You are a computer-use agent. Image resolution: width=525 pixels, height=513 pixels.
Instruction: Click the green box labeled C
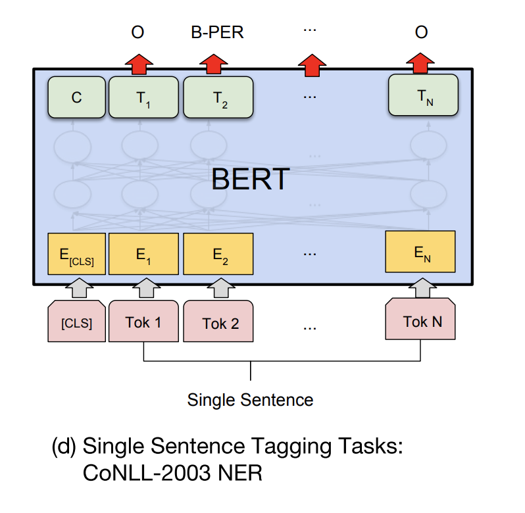(76, 97)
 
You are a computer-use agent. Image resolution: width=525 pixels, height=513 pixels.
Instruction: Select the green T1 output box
(143, 97)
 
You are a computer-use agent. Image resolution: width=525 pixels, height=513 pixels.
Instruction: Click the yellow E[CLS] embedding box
(76, 254)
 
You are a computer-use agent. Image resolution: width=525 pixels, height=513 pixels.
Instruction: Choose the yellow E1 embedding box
(143, 254)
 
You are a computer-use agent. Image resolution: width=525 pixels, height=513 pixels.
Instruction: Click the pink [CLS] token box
(76, 322)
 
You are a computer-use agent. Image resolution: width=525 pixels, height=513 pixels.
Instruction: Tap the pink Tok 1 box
(143, 322)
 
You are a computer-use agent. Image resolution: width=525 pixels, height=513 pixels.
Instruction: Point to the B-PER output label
(218, 32)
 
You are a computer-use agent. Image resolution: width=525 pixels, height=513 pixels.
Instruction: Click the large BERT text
(251, 179)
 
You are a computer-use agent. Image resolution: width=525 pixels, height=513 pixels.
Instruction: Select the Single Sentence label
(250, 399)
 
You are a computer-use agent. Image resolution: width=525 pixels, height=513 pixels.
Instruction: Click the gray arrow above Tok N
(420, 286)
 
